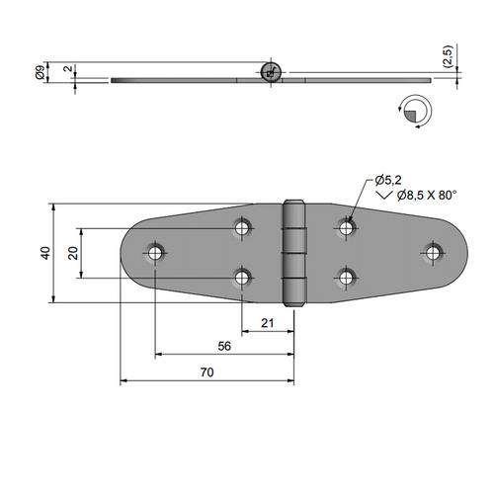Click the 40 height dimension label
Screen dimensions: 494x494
pos(45,253)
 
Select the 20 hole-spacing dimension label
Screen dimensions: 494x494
pos(73,253)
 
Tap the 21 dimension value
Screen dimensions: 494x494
pos(268,323)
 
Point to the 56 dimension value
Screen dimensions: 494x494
pos(224,346)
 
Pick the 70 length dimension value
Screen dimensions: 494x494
pos(206,372)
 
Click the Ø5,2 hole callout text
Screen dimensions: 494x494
pos(388,180)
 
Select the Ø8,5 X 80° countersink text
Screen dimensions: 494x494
pos(427,196)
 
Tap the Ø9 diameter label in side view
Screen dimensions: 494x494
pos(39,72)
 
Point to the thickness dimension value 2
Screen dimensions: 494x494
pos(68,68)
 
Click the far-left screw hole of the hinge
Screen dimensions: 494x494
pos(154,253)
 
